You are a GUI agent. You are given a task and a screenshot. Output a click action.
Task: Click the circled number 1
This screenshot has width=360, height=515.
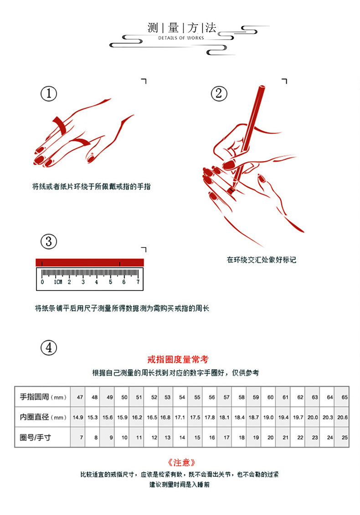point(49,94)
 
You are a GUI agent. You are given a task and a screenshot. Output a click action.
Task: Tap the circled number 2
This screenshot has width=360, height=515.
point(219,94)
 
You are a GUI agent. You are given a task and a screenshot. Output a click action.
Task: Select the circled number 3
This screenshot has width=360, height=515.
point(49,241)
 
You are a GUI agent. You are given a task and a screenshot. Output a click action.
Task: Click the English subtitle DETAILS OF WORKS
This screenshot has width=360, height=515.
point(181,38)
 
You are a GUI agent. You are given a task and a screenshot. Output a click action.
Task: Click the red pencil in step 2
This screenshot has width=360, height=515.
point(249,132)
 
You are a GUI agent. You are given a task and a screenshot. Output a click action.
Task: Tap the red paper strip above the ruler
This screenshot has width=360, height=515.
point(89,262)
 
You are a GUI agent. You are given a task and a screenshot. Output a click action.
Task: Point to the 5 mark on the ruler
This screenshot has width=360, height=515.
point(110,282)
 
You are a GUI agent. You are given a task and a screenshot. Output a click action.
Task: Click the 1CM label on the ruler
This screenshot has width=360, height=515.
point(57,282)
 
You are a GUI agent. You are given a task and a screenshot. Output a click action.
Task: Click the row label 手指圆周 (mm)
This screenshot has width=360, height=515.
point(43,397)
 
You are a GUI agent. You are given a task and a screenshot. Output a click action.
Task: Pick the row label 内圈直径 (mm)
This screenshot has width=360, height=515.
point(43,417)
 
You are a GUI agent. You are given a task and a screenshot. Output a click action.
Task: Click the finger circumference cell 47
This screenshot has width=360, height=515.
point(80,397)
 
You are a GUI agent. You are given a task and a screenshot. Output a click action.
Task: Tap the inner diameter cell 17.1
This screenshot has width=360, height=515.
point(180,417)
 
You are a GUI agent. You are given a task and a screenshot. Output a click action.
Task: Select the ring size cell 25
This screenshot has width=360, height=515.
point(344,437)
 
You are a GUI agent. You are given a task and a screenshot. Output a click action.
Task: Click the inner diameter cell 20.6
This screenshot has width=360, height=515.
point(342,417)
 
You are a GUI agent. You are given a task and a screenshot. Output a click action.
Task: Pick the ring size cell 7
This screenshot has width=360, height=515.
point(81,437)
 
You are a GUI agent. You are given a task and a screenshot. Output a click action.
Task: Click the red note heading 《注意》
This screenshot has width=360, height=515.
point(181,462)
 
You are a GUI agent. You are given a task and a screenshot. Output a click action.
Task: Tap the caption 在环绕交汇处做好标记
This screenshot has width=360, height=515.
point(261,260)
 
